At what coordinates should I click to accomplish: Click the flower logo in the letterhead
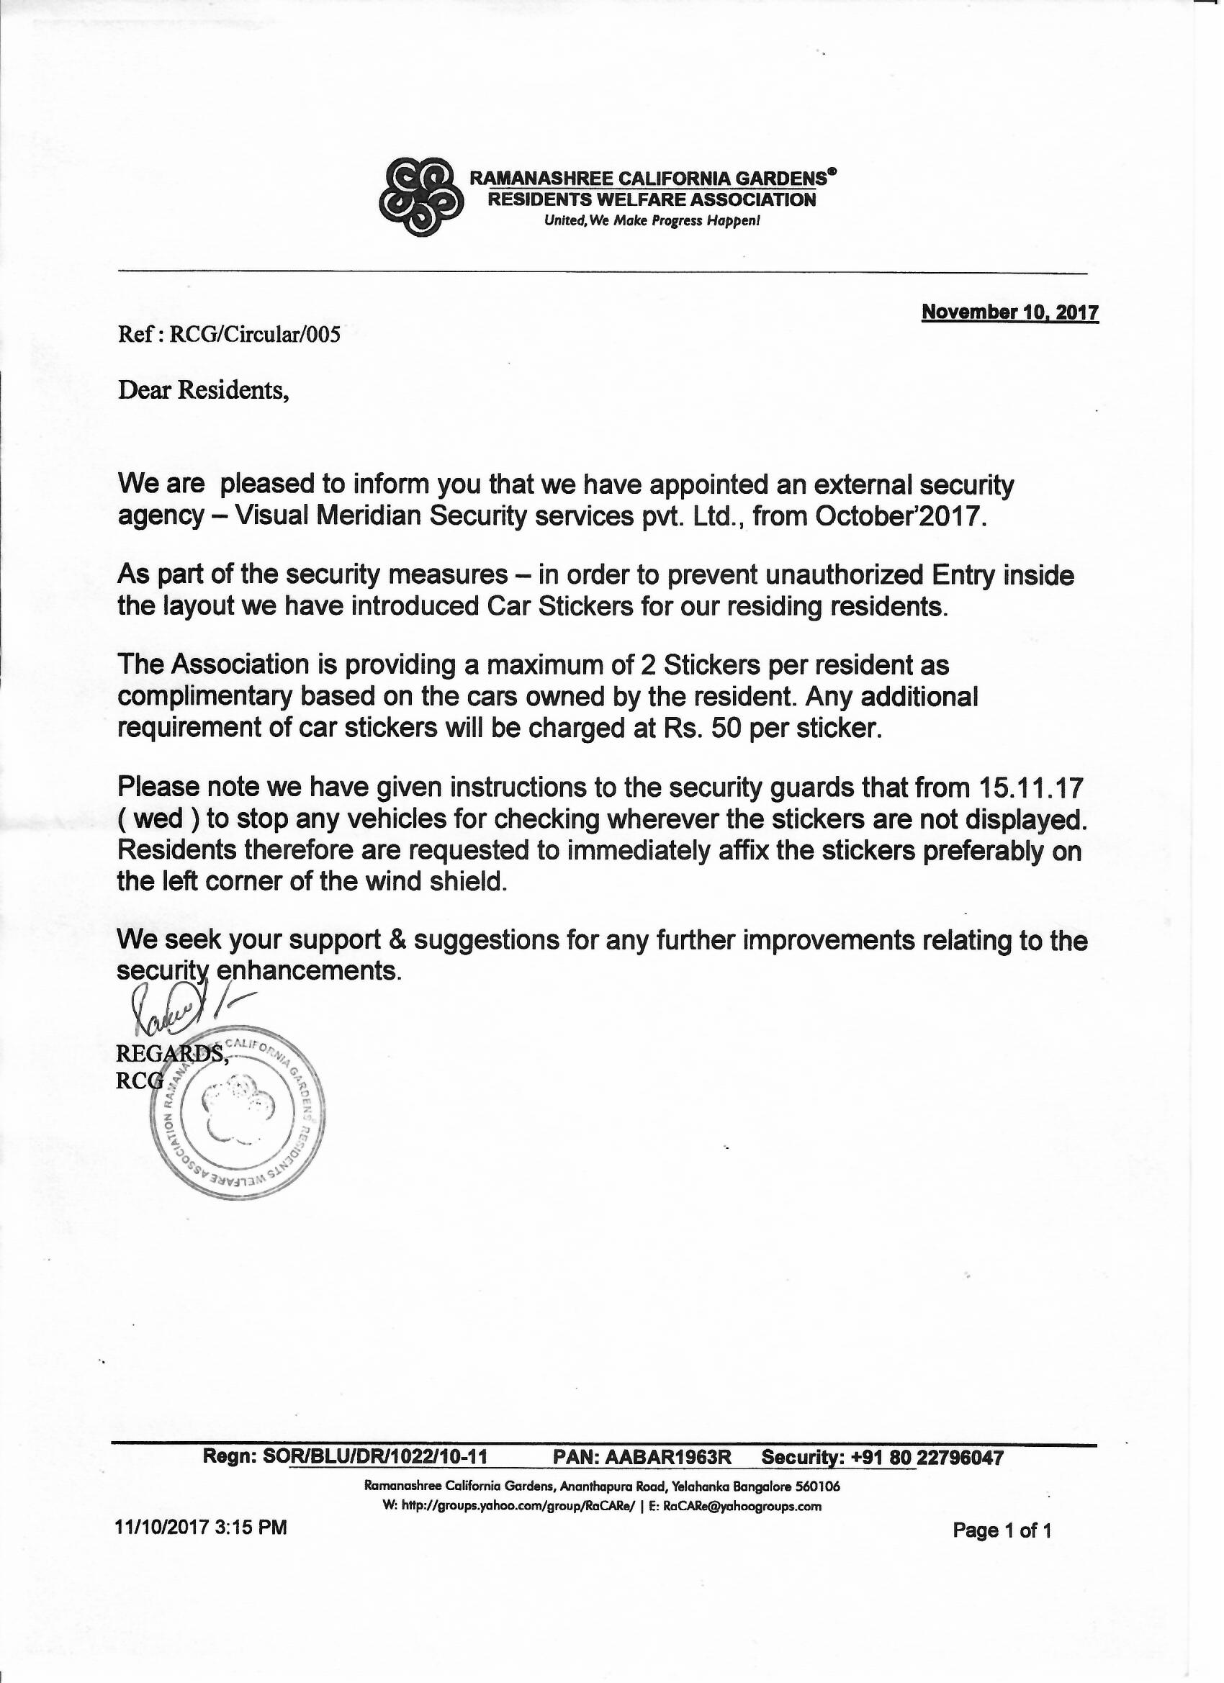click(421, 196)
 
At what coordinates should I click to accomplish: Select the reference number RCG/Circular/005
click(255, 335)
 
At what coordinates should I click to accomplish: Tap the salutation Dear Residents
click(202, 390)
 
